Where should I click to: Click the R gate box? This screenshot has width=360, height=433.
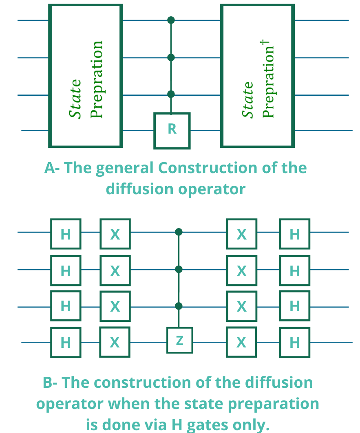coord(172,131)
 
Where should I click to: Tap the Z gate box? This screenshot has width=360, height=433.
coord(180,340)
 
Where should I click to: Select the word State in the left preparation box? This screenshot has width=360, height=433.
coord(75,99)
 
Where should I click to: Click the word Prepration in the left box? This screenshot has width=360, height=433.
coord(97,79)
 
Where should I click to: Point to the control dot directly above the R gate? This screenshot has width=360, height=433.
coord(171,94)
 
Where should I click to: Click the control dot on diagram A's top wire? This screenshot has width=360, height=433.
coord(171,20)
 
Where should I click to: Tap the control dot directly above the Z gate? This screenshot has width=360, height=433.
coord(179,306)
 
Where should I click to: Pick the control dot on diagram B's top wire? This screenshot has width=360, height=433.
coord(179,232)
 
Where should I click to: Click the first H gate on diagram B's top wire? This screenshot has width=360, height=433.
coord(66,234)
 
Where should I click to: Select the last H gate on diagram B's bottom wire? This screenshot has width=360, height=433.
coord(295,343)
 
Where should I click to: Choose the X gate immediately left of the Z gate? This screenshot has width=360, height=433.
coord(115,342)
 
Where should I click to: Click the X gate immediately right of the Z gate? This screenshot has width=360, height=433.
coord(241,342)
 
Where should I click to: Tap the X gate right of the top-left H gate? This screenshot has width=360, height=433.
coord(115,234)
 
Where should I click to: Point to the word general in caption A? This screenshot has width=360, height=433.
coord(124,169)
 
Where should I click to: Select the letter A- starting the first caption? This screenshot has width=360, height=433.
coord(52,168)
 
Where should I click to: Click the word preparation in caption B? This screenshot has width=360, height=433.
coord(274,404)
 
